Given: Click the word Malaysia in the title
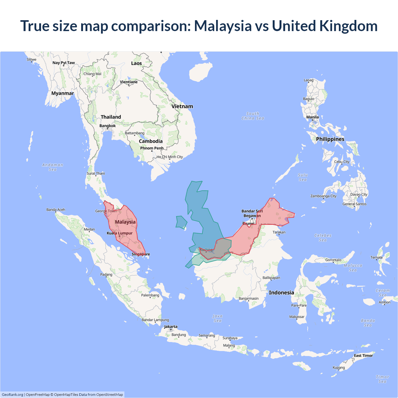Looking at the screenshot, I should click(223, 26).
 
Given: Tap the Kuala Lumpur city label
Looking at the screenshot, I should click(120, 233).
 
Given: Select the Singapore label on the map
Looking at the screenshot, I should click(141, 254).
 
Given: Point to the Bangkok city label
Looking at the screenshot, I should click(108, 126).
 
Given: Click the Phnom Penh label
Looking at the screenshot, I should click(152, 148).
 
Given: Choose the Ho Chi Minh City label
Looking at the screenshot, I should click(170, 157).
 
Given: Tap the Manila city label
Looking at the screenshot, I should click(312, 117).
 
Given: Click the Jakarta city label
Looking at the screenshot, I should click(171, 327).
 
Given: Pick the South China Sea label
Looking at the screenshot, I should click(253, 116).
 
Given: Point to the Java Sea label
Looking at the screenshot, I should click(218, 318).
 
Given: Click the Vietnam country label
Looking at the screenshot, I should click(182, 106).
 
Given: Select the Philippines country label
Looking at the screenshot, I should click(330, 139).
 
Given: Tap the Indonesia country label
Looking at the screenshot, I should click(281, 293).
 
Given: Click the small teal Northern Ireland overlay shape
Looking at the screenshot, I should click(181, 222).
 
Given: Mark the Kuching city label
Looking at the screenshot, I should click(206, 250).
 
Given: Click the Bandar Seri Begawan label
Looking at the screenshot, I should click(252, 213).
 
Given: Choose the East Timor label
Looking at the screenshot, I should click(363, 356).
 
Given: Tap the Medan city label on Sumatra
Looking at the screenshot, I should click(89, 229).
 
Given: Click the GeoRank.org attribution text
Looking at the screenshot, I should click(12, 395).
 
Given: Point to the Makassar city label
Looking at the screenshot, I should click(297, 317).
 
